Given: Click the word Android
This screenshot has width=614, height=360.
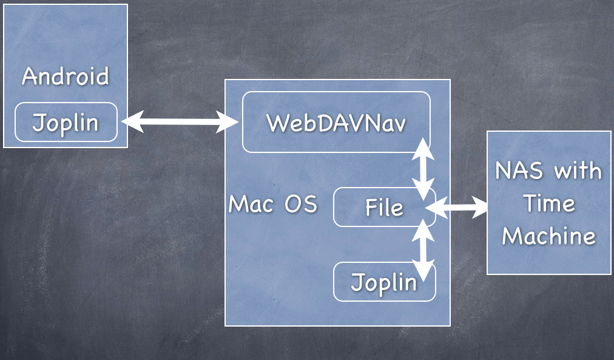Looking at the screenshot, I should (x=66, y=77).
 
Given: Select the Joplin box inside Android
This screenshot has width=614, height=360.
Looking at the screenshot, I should (x=66, y=122).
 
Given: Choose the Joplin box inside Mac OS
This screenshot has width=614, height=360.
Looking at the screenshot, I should (x=385, y=282).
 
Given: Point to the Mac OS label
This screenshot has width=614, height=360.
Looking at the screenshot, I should (x=272, y=204).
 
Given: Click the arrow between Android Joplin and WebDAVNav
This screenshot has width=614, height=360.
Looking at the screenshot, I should (x=180, y=122).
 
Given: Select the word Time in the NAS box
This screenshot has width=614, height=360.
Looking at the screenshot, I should (x=549, y=203).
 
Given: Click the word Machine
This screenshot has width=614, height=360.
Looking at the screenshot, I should (x=549, y=236).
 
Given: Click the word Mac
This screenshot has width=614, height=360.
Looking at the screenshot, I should (x=249, y=204).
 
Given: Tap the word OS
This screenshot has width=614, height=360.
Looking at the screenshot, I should (x=301, y=204).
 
